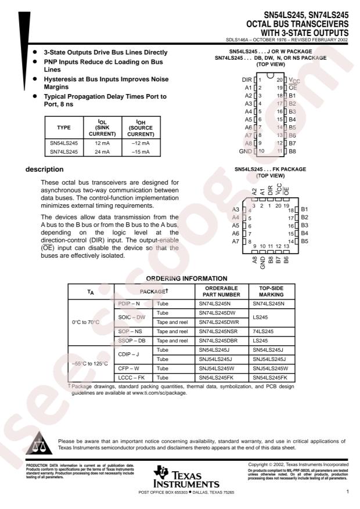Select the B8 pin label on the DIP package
coord(293,151)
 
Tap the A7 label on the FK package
coord(236,241)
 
